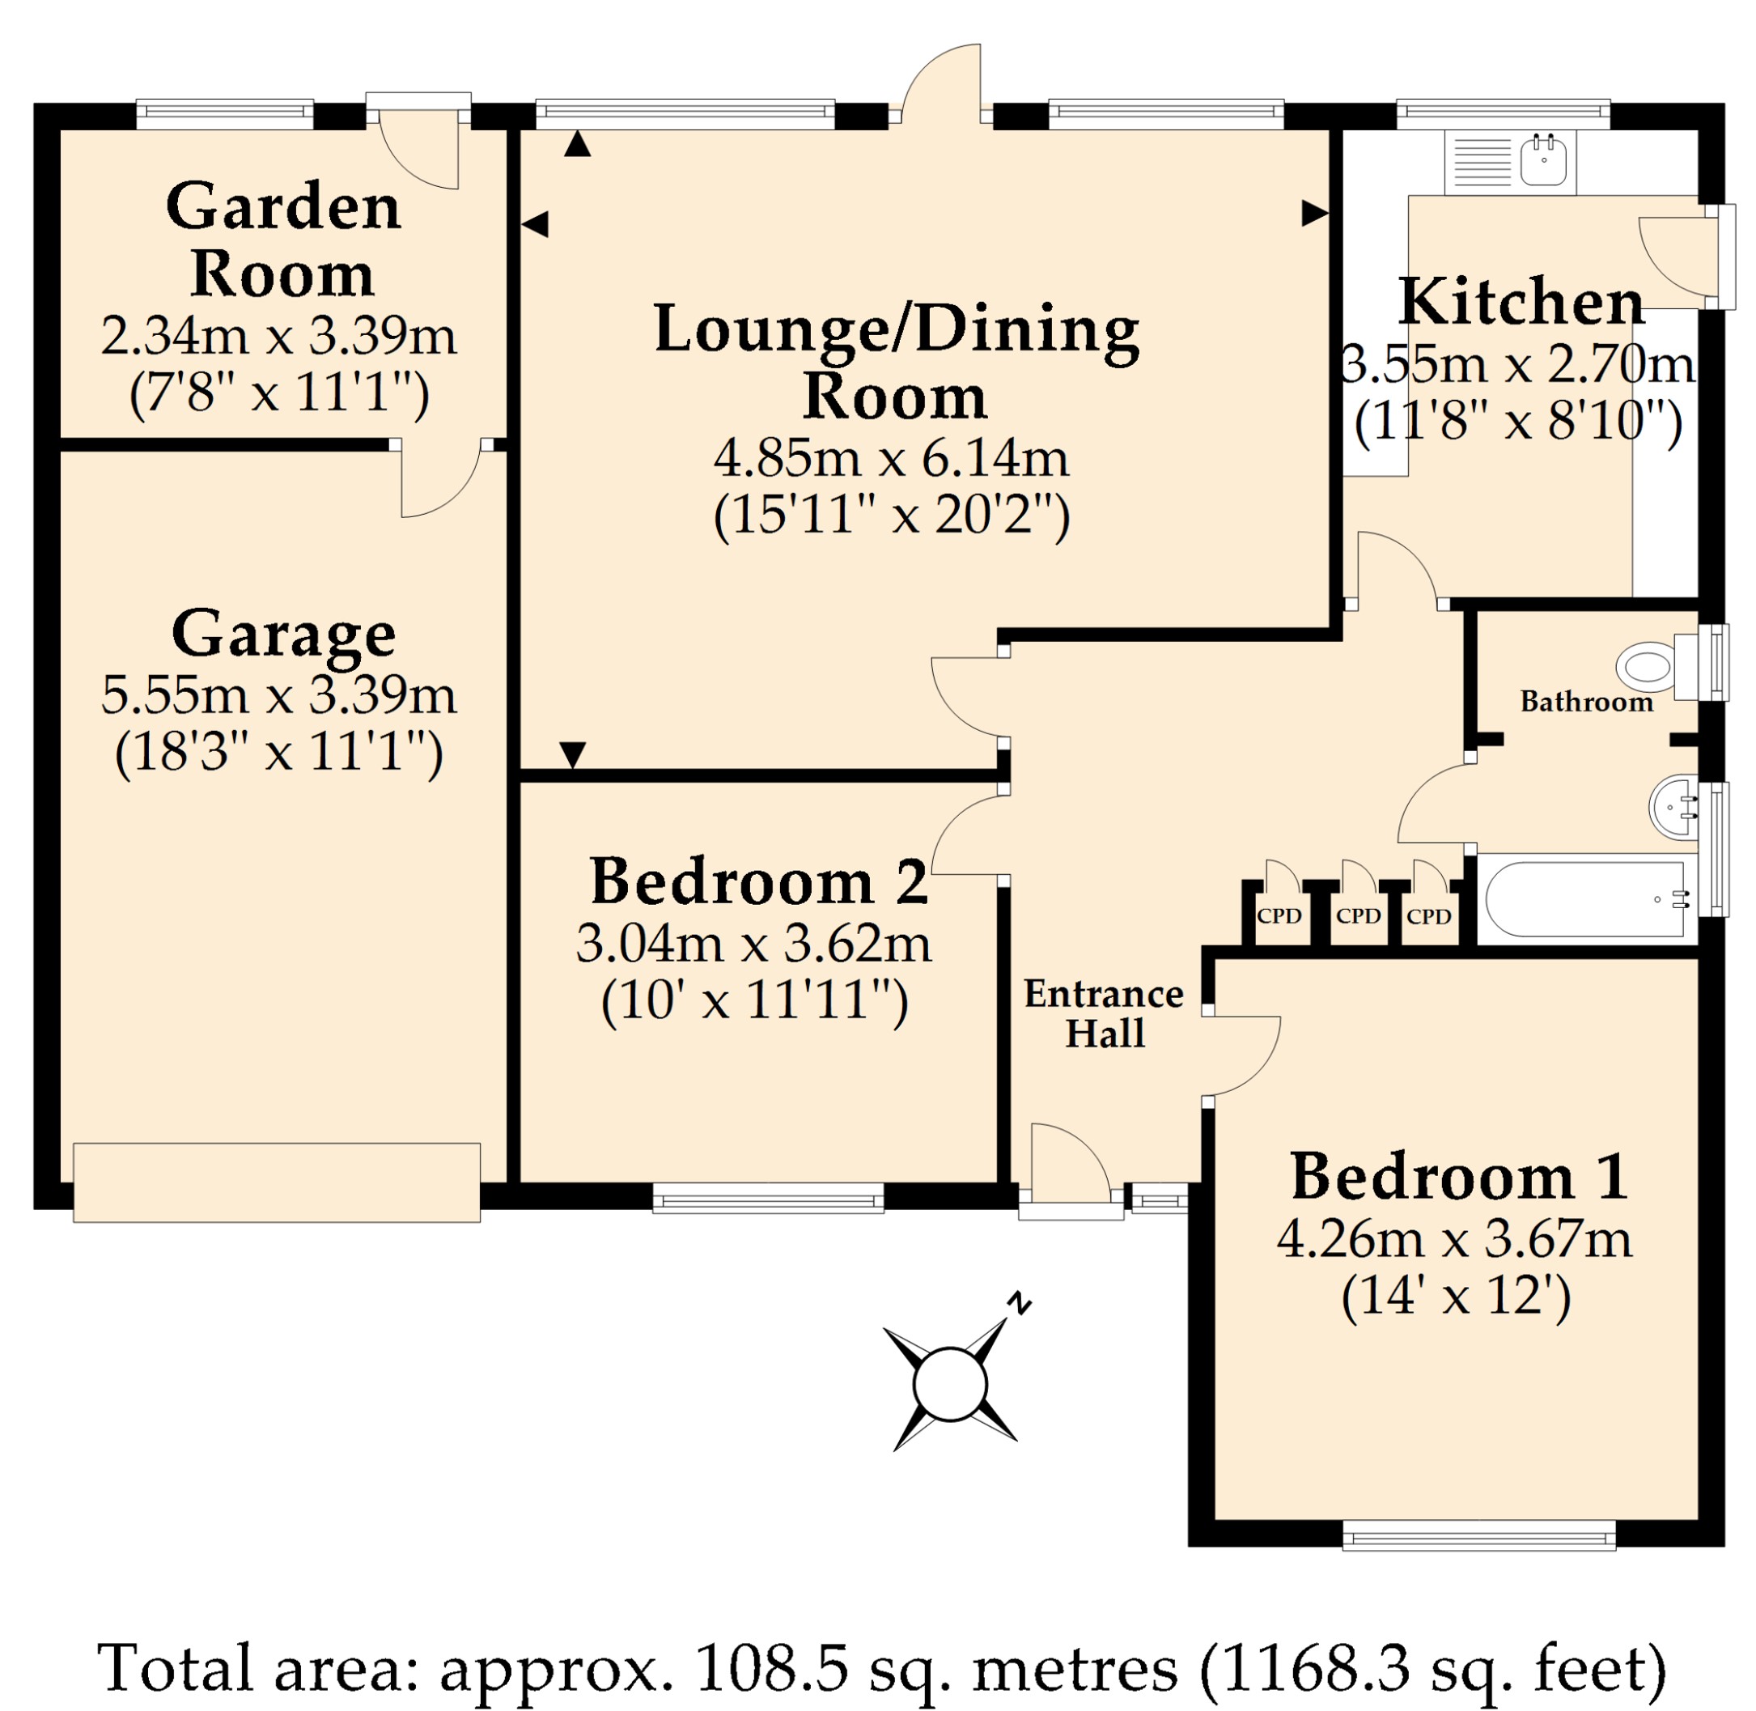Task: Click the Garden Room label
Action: coord(282,239)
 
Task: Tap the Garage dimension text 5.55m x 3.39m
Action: coord(279,694)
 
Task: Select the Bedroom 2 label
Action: coord(759,881)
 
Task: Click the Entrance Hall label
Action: coord(1104,1013)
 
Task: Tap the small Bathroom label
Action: coord(1586,701)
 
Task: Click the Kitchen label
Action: coord(1521,302)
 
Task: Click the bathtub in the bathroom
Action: coord(1586,898)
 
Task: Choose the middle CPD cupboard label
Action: coord(1357,915)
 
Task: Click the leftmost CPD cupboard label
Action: coord(1279,915)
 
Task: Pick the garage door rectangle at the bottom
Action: coord(277,1182)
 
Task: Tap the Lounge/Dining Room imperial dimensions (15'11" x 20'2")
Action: coord(892,515)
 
